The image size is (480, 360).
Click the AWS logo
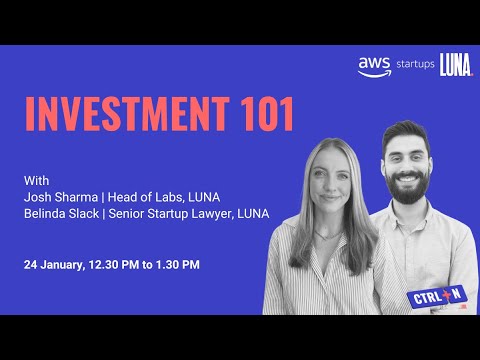pyautogui.click(x=373, y=66)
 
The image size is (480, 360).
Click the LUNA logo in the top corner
pyautogui.click(x=456, y=66)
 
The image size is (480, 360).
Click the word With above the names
pyautogui.click(x=36, y=181)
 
